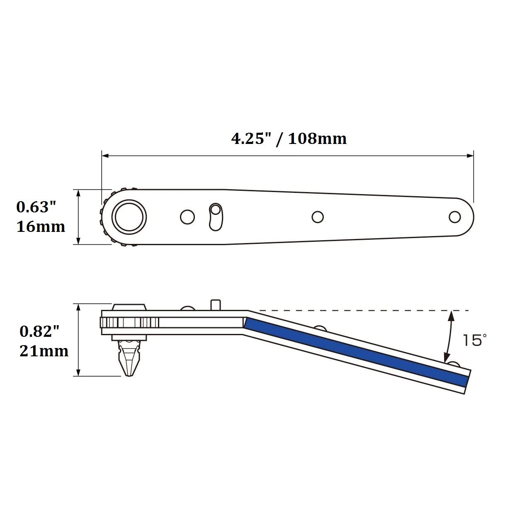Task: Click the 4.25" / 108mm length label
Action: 289,139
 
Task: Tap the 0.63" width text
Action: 36,207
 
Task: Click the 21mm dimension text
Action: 44,351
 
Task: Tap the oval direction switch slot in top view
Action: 216,217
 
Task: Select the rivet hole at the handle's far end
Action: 455,217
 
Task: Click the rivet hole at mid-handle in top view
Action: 318,217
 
